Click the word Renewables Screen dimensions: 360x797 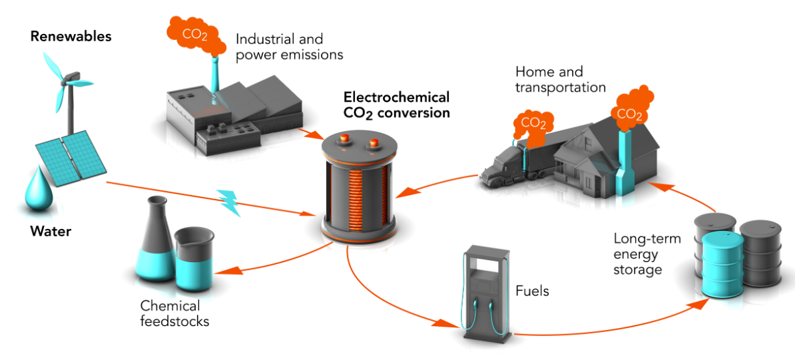(71, 36)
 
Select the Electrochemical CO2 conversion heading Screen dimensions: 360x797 (396, 104)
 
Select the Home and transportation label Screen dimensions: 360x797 (560, 79)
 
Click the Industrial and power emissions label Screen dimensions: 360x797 (289, 47)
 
